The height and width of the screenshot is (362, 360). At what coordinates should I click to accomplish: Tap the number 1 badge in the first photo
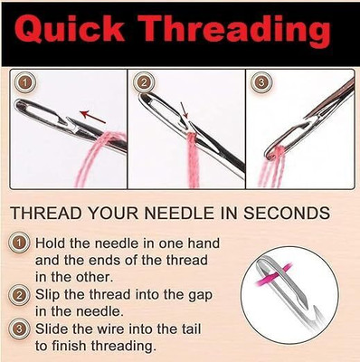(x=26, y=83)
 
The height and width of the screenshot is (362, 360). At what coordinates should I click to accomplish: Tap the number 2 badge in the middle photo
(x=144, y=83)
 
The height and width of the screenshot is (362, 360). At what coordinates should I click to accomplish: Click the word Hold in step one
(x=52, y=243)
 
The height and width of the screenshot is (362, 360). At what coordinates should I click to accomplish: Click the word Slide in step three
(x=53, y=330)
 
